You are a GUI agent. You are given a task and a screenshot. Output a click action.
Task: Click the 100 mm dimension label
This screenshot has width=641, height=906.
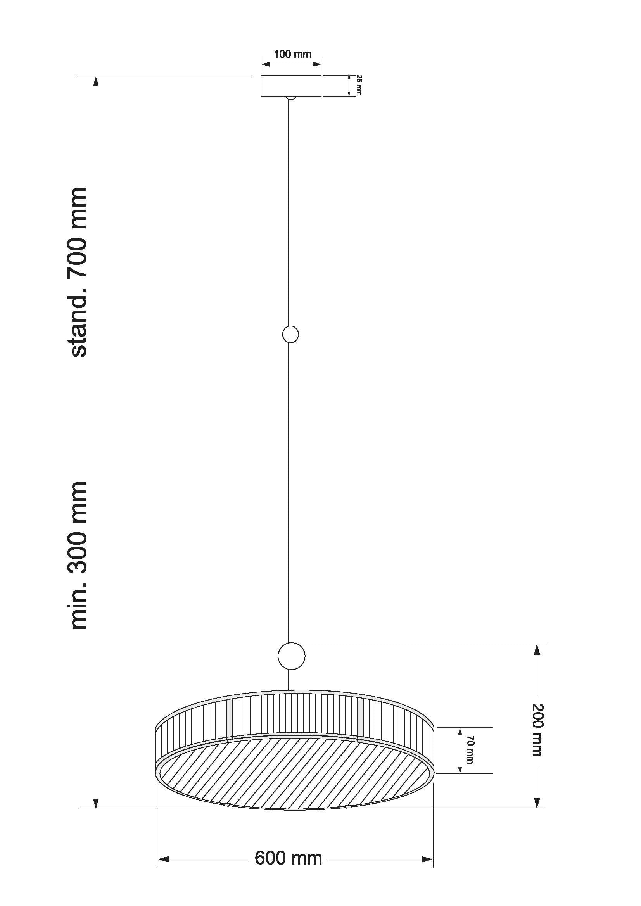coord(292,54)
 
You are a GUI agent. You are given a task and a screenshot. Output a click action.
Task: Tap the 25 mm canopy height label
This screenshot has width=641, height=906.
coord(359,85)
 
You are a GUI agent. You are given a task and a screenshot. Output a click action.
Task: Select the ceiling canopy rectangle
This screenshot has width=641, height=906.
coord(290,86)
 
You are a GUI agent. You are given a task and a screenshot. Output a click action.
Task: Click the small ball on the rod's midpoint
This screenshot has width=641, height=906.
coord(290,335)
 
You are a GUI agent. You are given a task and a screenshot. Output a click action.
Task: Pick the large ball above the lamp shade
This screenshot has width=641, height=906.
coord(291,656)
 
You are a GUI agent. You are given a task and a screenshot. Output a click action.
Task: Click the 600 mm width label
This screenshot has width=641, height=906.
coord(289,858)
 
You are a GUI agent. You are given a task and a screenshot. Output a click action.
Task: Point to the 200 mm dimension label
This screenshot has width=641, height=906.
coord(537,730)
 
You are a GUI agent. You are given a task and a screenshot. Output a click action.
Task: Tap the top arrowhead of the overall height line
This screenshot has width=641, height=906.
coord(95,81)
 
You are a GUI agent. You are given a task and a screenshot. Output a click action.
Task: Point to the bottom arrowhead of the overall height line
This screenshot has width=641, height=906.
coord(95,803)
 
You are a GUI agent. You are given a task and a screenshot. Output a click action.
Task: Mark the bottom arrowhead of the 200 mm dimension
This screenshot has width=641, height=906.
coord(536,802)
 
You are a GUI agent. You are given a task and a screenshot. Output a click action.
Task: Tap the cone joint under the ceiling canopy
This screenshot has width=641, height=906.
coord(291,97)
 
